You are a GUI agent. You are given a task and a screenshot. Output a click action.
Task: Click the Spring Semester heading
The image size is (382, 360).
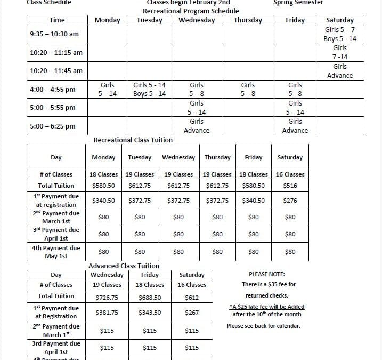click(x=298, y=3)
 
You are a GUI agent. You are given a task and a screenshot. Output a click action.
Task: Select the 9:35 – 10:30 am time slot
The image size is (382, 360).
click(x=54, y=34)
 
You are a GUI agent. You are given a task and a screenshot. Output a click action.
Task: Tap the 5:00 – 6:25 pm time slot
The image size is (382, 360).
click(x=53, y=126)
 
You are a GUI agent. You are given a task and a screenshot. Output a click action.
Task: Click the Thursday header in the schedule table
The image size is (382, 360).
click(x=248, y=20)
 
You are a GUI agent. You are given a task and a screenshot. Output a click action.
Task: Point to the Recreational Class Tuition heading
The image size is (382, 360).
click(x=133, y=140)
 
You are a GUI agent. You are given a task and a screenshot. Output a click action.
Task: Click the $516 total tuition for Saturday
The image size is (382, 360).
click(x=290, y=186)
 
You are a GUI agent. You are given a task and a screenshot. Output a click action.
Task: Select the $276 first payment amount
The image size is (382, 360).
click(x=290, y=201)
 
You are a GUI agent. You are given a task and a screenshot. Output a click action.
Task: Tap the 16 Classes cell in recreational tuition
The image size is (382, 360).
click(x=290, y=174)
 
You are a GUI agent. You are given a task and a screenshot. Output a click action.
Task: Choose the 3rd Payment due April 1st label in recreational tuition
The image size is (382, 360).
click(x=56, y=234)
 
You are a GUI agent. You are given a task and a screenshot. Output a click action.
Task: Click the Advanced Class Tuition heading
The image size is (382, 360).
click(x=124, y=266)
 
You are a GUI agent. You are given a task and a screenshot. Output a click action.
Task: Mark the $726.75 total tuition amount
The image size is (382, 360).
click(x=107, y=298)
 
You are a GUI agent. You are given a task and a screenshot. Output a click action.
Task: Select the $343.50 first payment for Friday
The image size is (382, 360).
click(x=150, y=313)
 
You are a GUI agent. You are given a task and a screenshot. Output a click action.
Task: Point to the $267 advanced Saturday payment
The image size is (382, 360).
click(x=192, y=313)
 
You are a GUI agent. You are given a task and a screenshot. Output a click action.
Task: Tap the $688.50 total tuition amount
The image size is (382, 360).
click(x=150, y=298)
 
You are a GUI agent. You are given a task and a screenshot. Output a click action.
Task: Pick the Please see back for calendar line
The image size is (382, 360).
click(x=263, y=326)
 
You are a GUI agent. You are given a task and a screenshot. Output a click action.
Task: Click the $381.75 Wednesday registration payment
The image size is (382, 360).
click(x=107, y=313)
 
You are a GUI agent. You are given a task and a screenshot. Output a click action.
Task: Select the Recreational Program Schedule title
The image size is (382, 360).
click(x=183, y=11)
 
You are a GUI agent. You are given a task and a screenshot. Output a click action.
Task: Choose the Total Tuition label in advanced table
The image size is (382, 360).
click(x=56, y=296)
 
